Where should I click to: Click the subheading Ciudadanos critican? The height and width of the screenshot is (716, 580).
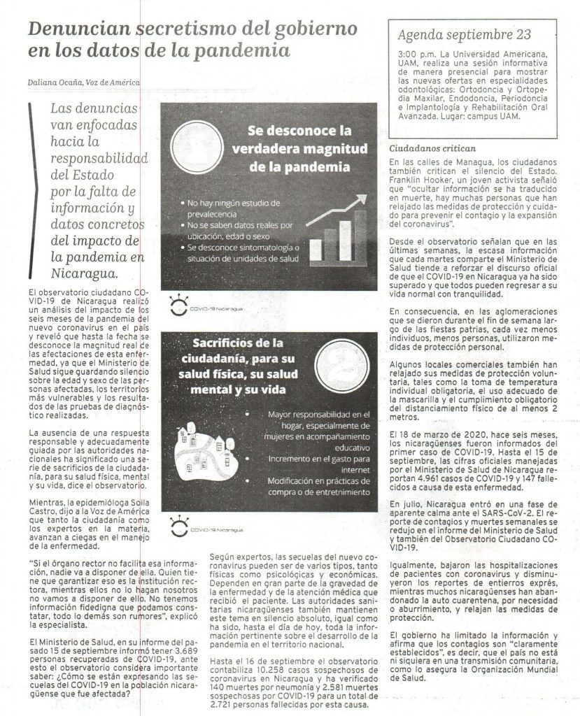432,149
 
